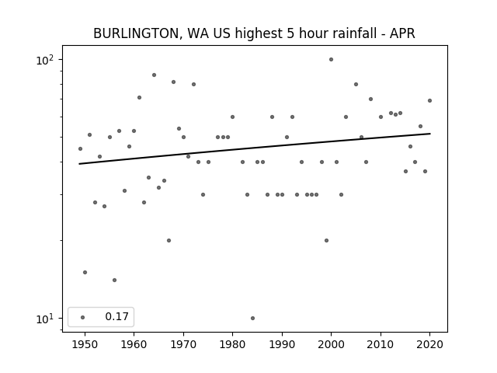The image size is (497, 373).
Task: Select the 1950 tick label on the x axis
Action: (x=85, y=344)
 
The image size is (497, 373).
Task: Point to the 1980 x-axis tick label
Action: (x=232, y=344)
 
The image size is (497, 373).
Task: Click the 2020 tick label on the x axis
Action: (x=429, y=344)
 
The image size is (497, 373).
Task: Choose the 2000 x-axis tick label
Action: (x=331, y=344)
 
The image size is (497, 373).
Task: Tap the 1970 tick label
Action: (x=183, y=344)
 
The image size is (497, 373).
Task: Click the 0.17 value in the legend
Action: (x=116, y=317)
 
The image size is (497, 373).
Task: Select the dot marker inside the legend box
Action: (x=82, y=317)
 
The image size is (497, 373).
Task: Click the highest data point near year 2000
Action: (x=331, y=59)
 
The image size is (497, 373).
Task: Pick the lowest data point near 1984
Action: (x=252, y=318)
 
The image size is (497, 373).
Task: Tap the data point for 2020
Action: (x=429, y=100)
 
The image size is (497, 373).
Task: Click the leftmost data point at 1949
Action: (x=80, y=148)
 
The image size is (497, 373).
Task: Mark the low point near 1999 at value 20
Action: (x=326, y=240)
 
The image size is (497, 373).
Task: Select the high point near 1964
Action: (x=154, y=75)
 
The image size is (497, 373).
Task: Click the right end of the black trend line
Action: (x=429, y=134)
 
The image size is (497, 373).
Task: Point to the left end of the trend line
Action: (x=80, y=163)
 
